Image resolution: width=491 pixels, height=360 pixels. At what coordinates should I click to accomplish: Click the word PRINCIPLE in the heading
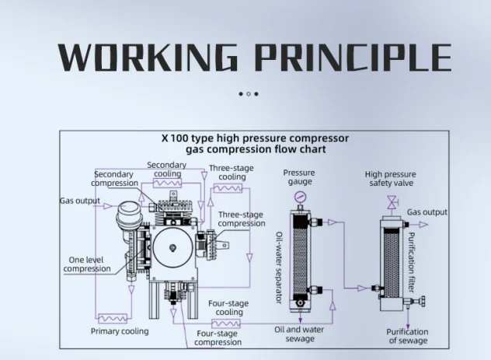coord(353,58)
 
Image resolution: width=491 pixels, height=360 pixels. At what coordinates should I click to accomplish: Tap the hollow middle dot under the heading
coord(248,94)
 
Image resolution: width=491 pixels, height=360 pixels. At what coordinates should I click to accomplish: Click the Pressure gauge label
coord(298,177)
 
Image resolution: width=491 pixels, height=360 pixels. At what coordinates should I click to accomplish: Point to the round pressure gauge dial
coord(298,197)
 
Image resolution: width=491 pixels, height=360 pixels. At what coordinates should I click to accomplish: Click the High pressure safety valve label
coord(390,179)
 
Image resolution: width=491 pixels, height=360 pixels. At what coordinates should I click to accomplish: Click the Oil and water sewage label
coord(299,334)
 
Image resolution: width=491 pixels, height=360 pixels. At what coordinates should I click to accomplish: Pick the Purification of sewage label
coord(407,336)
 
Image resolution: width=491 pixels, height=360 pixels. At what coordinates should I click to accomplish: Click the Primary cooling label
coord(120,331)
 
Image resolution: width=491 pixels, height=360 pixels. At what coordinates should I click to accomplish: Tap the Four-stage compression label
coord(218,337)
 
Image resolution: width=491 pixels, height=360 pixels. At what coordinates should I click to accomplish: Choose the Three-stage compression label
coord(241,219)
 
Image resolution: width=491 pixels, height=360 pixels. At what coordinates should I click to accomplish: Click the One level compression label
coord(87,264)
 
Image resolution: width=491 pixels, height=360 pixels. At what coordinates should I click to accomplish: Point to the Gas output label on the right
coord(427,212)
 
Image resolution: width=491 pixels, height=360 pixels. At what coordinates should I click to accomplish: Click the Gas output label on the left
coord(81,201)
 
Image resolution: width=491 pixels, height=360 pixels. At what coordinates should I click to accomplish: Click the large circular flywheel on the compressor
coord(171,248)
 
